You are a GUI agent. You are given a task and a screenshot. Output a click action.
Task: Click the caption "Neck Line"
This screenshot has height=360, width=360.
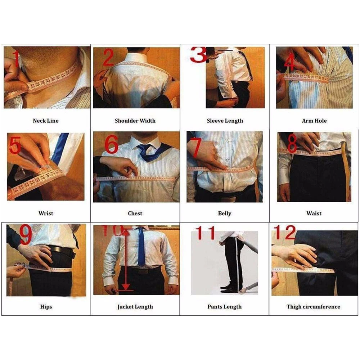pos(46,121)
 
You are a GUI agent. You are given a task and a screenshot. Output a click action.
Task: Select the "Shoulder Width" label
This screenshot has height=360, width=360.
pos(135,121)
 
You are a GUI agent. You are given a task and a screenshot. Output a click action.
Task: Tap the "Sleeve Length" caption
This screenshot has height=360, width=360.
pos(225,121)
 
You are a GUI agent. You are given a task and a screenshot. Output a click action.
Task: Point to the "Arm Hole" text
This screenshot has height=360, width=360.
pos(314,121)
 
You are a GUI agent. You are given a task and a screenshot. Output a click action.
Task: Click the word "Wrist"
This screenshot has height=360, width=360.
pos(46,213)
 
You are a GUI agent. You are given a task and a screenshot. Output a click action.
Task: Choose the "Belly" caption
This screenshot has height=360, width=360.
pos(225,213)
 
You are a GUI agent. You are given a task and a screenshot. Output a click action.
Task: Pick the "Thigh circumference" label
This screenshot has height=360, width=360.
pos(314,307)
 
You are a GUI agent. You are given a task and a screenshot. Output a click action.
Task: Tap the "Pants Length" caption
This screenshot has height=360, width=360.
pos(224,307)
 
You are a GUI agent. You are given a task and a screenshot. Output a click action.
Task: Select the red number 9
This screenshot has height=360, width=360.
pos(26,234)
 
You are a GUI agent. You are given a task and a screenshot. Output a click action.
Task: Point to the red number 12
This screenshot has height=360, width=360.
pos(285,232)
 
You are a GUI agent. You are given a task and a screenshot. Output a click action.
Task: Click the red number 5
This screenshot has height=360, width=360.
pos(15,145)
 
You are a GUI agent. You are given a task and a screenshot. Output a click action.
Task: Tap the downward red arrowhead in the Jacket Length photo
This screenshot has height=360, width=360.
pos(126,287)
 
